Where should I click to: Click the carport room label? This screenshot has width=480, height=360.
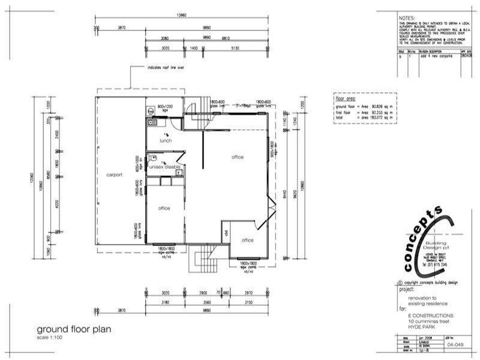point(114,175)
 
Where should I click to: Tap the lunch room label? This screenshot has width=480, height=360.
point(166,140)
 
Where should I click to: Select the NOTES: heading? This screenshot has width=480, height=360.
point(407,19)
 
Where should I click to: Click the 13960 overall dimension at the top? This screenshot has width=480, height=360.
point(182,14)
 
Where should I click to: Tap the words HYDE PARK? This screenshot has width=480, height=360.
point(419,325)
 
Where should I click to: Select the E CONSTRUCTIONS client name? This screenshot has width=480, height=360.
point(431,315)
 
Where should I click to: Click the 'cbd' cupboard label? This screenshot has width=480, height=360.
point(226,233)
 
